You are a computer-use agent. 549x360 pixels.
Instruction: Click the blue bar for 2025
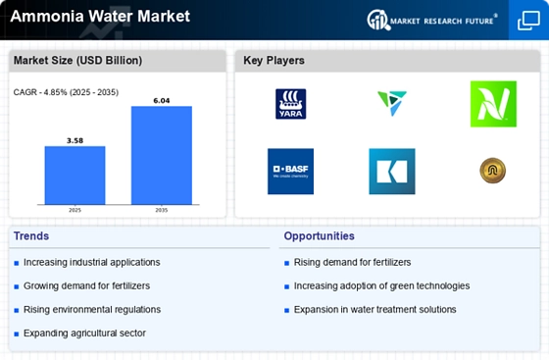click(x=75, y=176)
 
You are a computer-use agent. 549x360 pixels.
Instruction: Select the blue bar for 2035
click(x=162, y=155)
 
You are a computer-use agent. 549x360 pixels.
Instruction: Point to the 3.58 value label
click(x=75, y=140)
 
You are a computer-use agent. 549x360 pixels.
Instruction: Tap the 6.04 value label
click(x=162, y=100)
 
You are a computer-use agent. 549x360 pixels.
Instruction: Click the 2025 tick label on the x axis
click(x=75, y=210)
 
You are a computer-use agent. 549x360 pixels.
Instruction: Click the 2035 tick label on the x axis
click(x=162, y=210)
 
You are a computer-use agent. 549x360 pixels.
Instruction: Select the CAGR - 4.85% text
click(x=41, y=92)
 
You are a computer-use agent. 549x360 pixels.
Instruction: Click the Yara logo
click(x=290, y=104)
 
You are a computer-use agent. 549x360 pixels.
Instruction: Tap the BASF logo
click(x=290, y=172)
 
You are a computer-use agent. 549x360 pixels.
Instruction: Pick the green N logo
click(x=493, y=104)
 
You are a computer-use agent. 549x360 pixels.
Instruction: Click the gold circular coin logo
click(x=492, y=171)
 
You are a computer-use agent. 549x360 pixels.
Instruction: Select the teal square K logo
click(x=392, y=172)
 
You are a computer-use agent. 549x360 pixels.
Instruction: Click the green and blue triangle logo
click(x=392, y=103)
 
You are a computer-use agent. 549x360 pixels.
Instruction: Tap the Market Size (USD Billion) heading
click(x=77, y=60)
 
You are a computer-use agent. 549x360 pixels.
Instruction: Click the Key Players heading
click(x=274, y=60)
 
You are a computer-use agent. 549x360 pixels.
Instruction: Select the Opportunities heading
click(x=319, y=236)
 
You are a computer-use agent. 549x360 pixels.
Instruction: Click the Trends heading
click(x=31, y=236)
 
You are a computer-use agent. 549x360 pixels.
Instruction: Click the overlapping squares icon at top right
click(x=528, y=21)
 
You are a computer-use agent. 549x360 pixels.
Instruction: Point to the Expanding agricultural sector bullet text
click(x=84, y=334)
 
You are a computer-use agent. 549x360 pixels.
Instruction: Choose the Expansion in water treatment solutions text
click(x=374, y=310)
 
